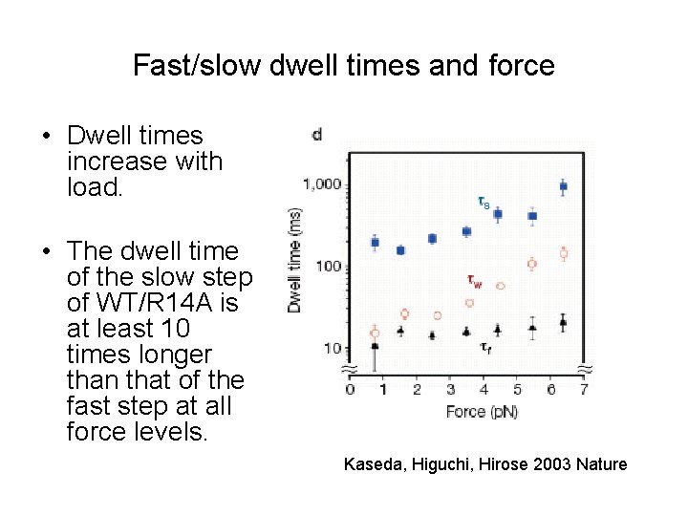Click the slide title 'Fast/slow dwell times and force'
(344, 65)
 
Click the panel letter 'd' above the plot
(316, 135)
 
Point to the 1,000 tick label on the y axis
(323, 184)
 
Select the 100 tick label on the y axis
(330, 266)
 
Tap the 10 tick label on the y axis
(333, 348)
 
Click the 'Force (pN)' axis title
(482, 412)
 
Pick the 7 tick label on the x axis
(583, 389)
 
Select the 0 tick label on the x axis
(350, 389)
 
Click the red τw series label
(474, 281)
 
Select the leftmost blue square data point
(375, 243)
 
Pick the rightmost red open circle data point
(563, 253)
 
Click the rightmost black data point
(563, 323)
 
